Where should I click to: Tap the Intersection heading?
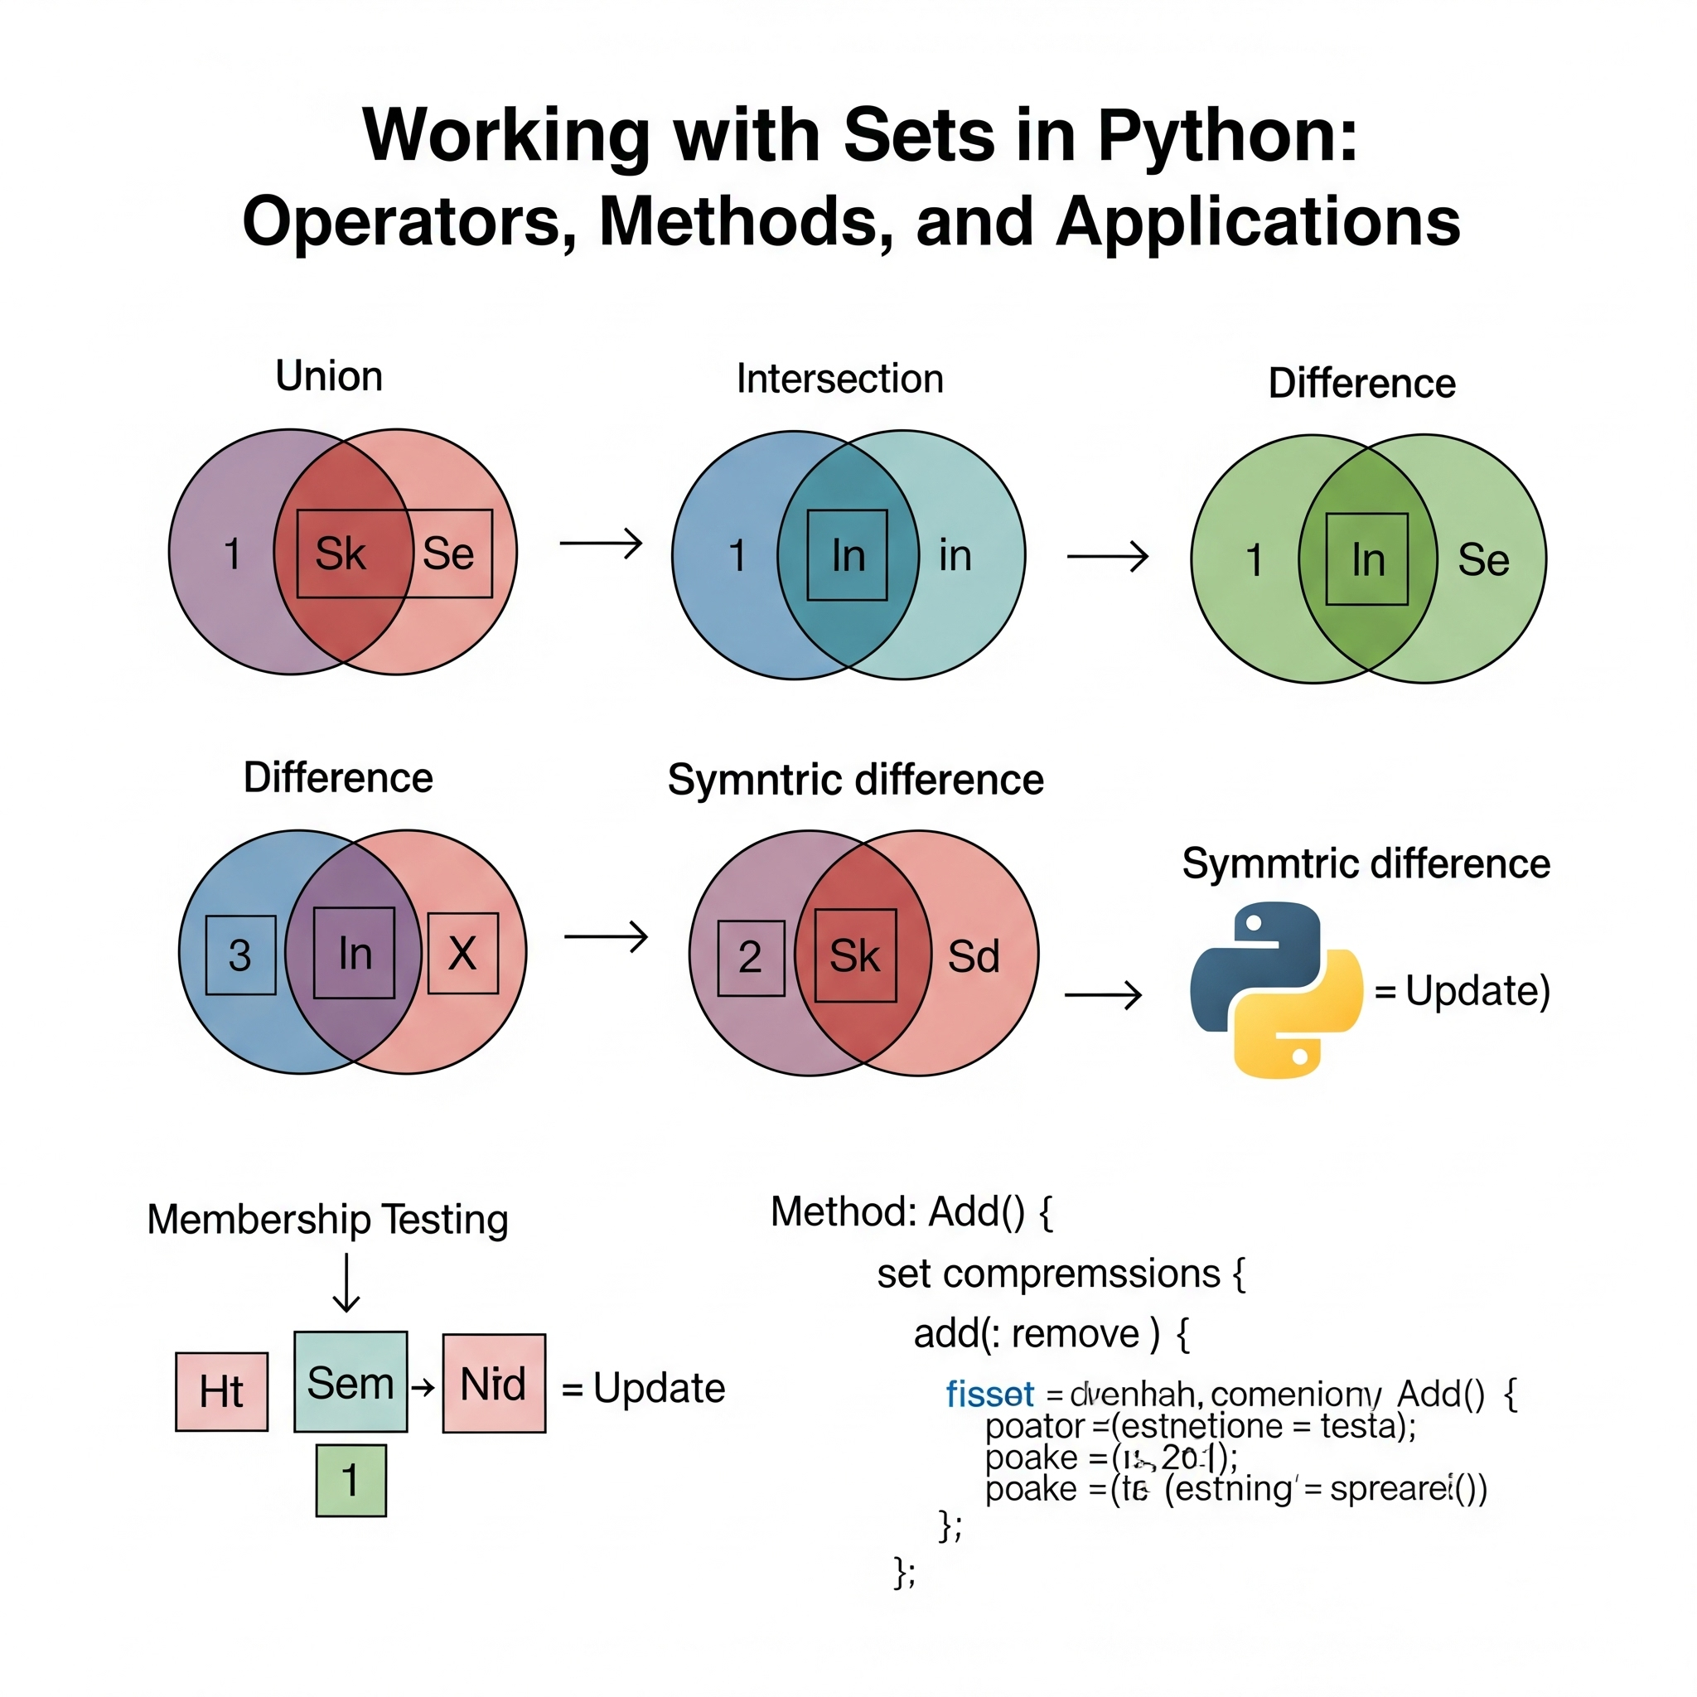tap(839, 379)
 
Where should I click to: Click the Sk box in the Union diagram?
tap(341, 554)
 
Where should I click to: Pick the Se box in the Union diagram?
tap(450, 554)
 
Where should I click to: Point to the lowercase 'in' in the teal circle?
tap(955, 556)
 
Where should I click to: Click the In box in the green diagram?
tap(1366, 559)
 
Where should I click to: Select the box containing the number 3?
tap(240, 955)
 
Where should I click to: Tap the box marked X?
tap(463, 953)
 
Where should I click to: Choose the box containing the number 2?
tap(751, 957)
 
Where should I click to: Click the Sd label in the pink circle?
tap(974, 956)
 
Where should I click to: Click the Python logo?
tap(1276, 990)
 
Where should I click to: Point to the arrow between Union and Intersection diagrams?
tap(602, 543)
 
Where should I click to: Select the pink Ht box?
tap(221, 1391)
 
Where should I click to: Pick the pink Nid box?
tap(494, 1385)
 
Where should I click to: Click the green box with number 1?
tap(351, 1480)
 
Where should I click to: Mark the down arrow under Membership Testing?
tap(347, 1283)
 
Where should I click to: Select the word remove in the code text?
tap(1075, 1334)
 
